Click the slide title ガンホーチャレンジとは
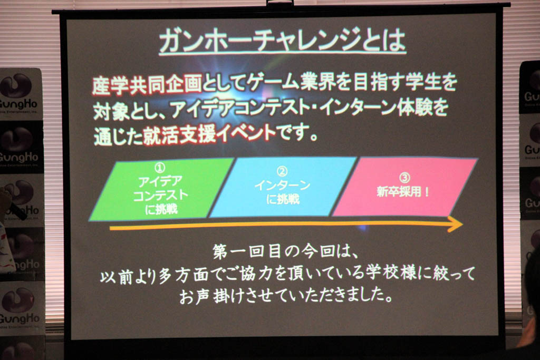point(283,41)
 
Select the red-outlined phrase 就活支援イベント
point(209,134)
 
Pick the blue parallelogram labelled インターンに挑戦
point(283,187)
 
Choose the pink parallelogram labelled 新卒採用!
point(404,187)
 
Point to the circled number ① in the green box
point(159,168)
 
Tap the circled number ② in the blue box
point(282,171)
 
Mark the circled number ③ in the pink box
point(404,178)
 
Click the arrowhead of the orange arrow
point(456,224)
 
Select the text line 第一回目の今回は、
point(285,251)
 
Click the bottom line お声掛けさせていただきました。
point(285,296)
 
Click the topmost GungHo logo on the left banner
point(19,92)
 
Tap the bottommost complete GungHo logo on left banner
point(19,307)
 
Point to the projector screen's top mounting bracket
point(279,3)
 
